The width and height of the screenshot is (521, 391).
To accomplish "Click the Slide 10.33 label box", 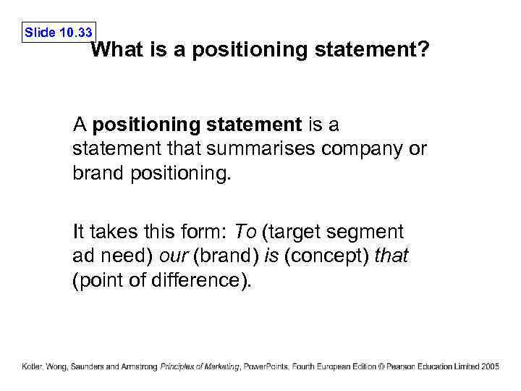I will click(x=59, y=33).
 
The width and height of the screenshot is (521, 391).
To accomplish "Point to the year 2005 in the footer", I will click(x=490, y=367).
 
